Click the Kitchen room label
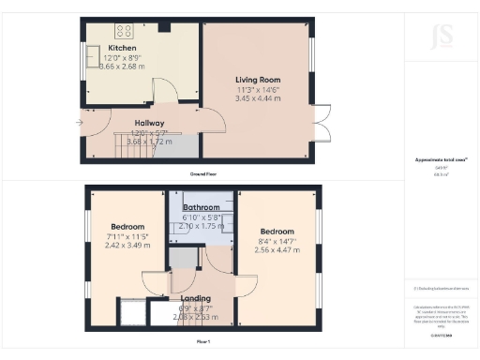click(122, 48)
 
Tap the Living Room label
click(257, 81)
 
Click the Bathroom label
click(202, 207)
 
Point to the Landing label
click(194, 300)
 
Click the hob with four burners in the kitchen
click(126, 30)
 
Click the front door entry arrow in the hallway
click(81, 122)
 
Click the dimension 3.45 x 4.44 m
click(257, 98)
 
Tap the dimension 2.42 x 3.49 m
click(127, 245)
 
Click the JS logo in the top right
click(442, 38)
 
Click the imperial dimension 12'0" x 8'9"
click(122, 57)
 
